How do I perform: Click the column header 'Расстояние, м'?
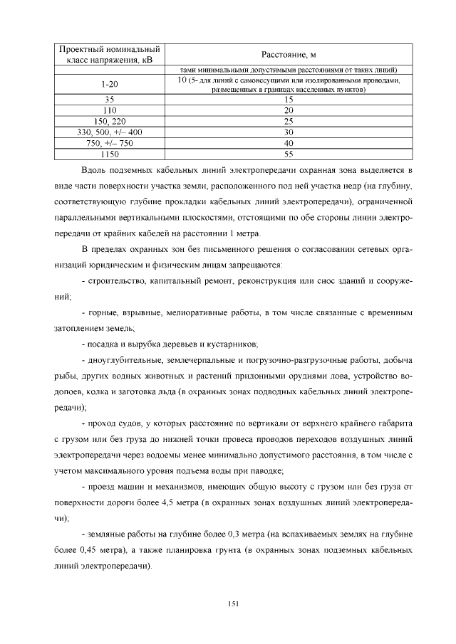(289, 55)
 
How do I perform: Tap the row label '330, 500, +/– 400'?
(109, 132)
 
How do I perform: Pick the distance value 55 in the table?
(289, 154)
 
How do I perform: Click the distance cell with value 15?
(289, 100)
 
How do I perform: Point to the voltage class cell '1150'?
(109, 154)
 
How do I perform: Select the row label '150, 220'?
(109, 122)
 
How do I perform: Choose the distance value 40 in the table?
(289, 143)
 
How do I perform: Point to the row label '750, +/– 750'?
(109, 143)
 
